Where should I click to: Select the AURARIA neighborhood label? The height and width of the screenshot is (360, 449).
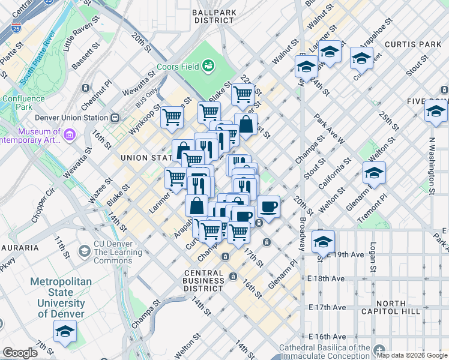point(19,247)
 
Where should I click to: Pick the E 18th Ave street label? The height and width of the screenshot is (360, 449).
point(327,279)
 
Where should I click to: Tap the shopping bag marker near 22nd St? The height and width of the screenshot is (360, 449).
point(246,124)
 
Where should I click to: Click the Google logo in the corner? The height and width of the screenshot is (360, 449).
point(20,353)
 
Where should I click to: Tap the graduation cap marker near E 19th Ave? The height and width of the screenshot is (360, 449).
point(323,242)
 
